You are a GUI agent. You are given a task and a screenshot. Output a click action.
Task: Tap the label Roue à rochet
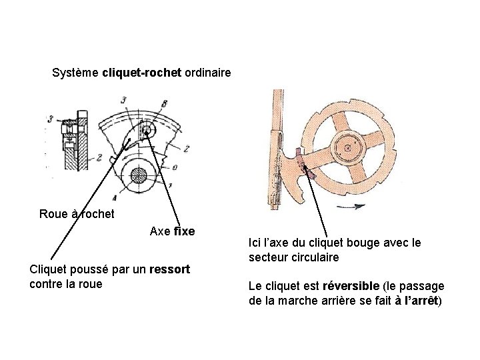pyautogui.click(x=77, y=214)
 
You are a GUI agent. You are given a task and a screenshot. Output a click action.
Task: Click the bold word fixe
pyautogui.click(x=184, y=232)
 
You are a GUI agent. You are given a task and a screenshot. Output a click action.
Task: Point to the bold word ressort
pyautogui.click(x=170, y=269)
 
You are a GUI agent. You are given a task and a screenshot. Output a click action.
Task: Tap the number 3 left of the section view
pyautogui.click(x=51, y=120)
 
